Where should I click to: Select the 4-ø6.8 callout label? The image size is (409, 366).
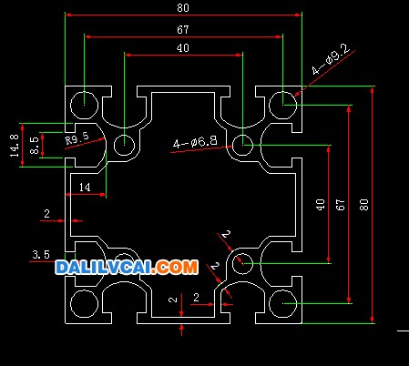195,142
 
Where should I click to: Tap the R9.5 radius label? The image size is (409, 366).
77,138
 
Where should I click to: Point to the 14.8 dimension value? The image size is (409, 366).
15,146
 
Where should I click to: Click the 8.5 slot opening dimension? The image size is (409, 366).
35,145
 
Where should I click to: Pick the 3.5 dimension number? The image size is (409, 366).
41,254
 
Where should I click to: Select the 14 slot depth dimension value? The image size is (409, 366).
85,188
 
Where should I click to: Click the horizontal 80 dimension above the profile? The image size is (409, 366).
183,8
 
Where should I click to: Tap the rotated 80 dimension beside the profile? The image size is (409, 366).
363,205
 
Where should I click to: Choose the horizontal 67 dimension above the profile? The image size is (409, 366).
183,30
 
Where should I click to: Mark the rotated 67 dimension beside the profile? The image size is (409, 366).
341,205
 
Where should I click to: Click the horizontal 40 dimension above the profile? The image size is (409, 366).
183,48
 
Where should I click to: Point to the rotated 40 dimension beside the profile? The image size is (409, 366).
320,205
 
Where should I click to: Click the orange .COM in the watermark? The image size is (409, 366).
176,268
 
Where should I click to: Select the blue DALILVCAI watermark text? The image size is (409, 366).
105,268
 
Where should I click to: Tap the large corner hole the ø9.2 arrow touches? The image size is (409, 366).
283,105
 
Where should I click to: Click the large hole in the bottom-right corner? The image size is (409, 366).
283,303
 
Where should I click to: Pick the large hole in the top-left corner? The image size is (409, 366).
84,105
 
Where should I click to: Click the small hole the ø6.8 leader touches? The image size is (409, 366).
242,145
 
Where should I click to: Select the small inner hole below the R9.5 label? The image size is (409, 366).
124,145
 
